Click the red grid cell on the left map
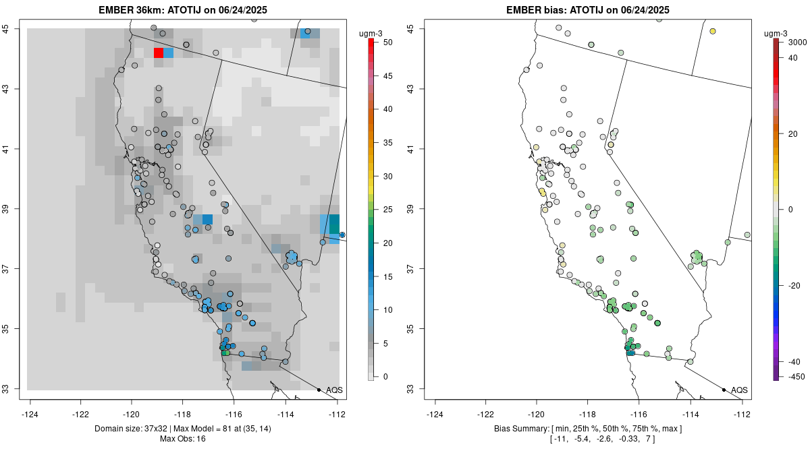(x=158, y=53)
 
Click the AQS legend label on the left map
(x=334, y=390)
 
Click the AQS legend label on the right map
(x=739, y=390)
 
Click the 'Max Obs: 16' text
(x=182, y=439)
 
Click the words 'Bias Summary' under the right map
(x=520, y=429)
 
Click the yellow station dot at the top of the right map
(x=712, y=31)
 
